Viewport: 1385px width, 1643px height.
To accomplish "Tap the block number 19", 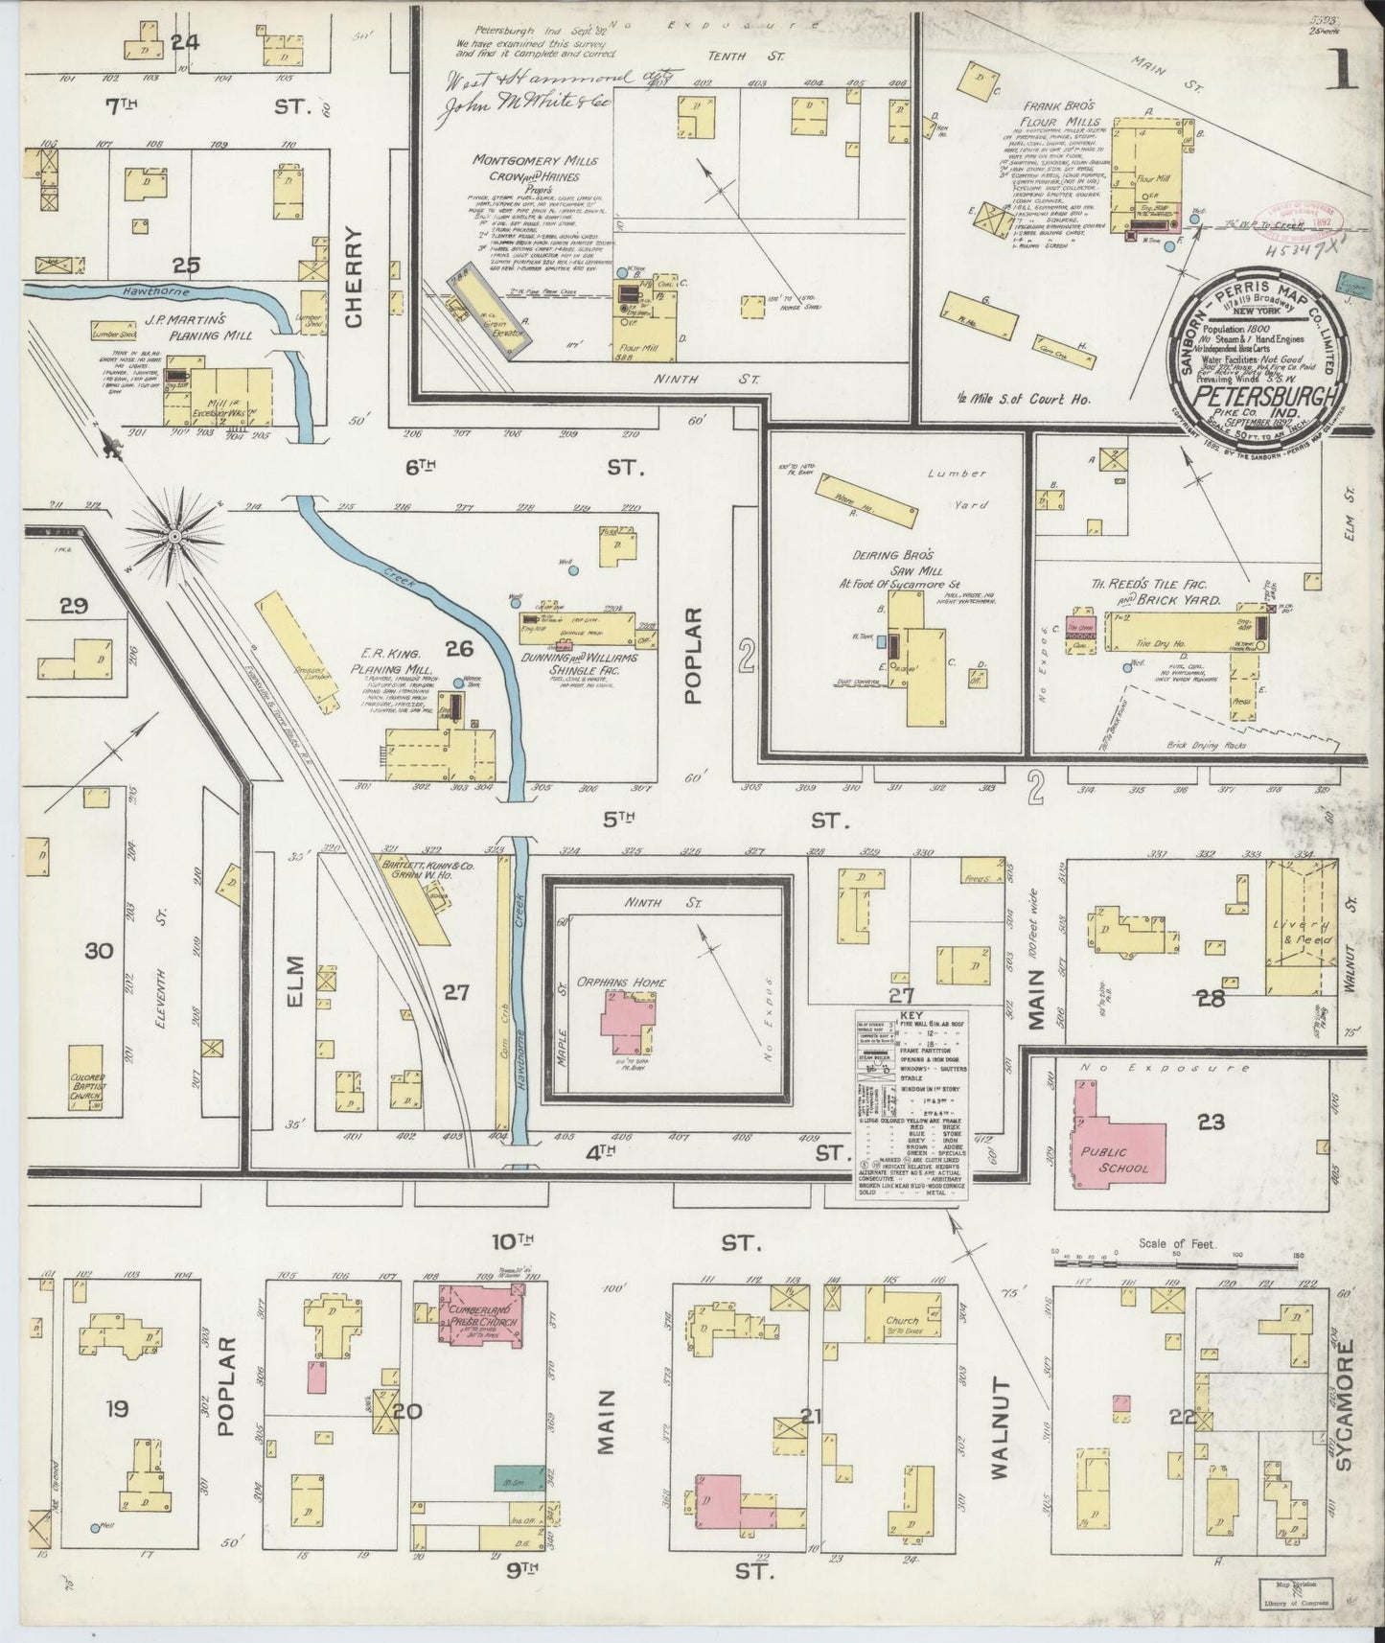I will (x=118, y=1409).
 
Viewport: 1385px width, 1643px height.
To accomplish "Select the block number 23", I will (x=1212, y=1122).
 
